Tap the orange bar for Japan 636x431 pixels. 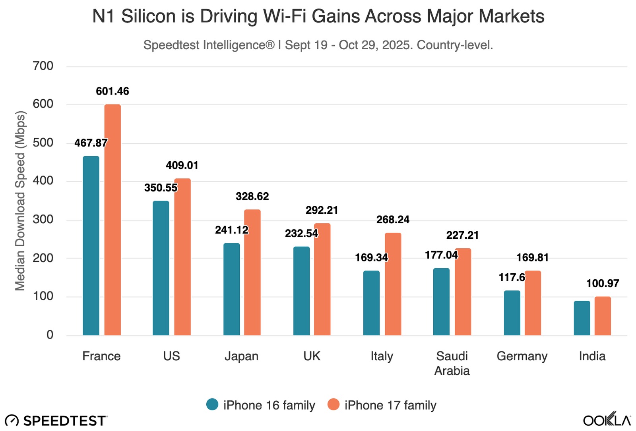[252, 273]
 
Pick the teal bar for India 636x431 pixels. [582, 318]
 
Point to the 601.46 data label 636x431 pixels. [112, 91]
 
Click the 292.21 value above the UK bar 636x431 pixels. [322, 210]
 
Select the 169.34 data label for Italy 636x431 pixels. [371, 258]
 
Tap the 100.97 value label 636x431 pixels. [603, 284]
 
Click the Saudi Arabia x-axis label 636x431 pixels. [452, 363]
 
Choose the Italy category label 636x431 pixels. [382, 356]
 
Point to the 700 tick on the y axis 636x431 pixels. [43, 66]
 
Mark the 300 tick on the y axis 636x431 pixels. [43, 219]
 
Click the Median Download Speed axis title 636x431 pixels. [20, 201]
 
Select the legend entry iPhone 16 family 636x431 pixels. [269, 405]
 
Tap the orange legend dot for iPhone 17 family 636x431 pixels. [334, 404]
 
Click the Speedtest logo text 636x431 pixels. [65, 421]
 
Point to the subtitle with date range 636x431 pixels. [318, 45]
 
